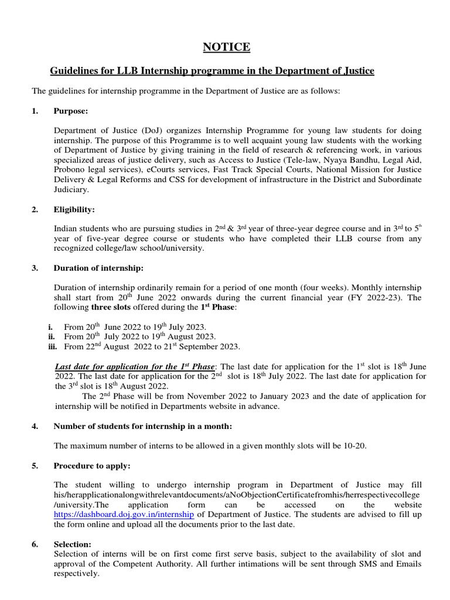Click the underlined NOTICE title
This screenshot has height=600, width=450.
pos(226,47)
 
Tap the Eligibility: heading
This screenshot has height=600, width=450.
pos(74,209)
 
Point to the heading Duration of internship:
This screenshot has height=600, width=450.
pos(98,268)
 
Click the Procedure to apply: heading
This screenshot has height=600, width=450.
pos(92,466)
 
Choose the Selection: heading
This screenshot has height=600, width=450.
pos(72,544)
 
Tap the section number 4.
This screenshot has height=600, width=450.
pos(35,426)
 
